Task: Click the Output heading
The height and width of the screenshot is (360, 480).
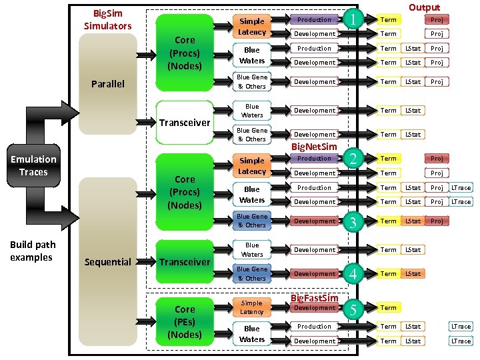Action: coord(424,7)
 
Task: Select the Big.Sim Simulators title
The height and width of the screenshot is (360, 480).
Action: coord(107,19)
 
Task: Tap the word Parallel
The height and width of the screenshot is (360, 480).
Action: coord(107,84)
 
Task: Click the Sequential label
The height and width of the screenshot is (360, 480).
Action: coord(107,262)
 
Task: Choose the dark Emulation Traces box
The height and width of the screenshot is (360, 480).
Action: coord(33,166)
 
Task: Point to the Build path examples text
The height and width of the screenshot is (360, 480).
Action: coord(33,251)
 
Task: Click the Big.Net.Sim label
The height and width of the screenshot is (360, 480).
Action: coord(315,146)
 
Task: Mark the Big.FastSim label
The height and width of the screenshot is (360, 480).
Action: coord(315,297)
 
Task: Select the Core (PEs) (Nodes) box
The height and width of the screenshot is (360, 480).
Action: coord(185,322)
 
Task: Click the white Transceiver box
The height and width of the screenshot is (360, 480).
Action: coord(185,123)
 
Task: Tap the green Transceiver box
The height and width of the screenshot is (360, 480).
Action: coord(185,262)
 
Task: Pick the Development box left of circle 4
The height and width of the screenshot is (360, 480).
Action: coord(315,274)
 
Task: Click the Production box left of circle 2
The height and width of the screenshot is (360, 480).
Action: coord(315,159)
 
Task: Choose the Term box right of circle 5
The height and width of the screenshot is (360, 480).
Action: coord(389,308)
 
